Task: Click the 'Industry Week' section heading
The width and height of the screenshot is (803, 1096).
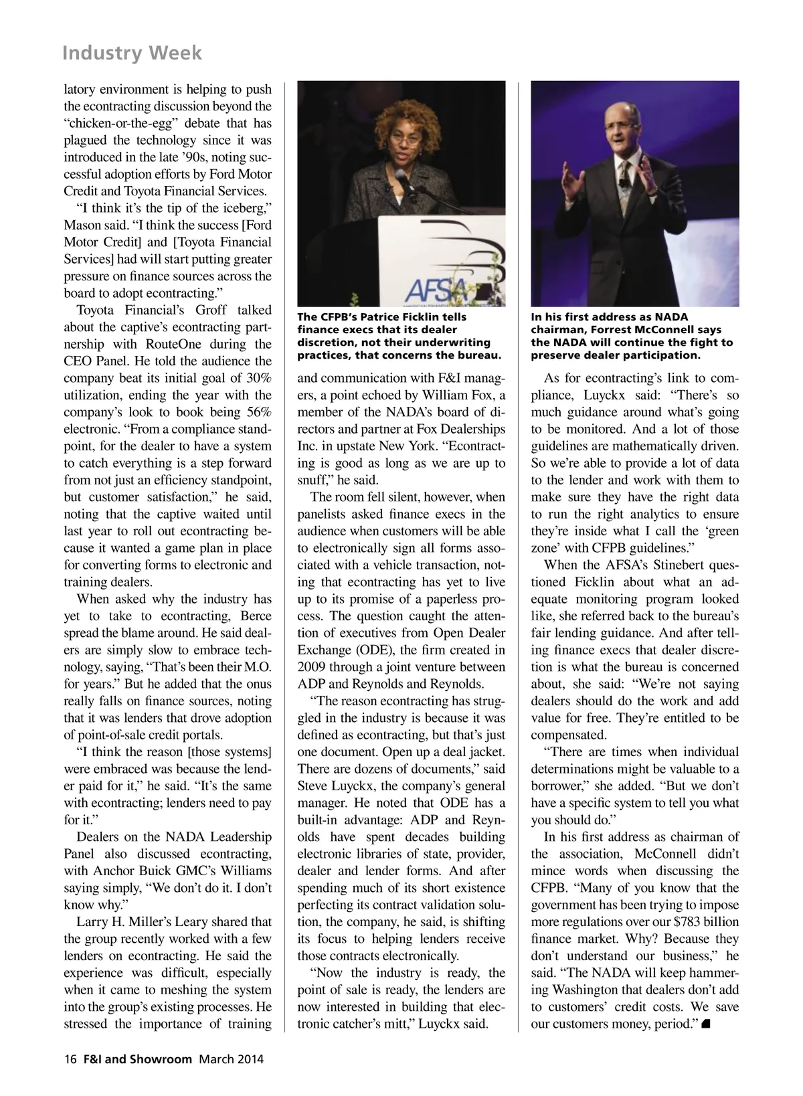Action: click(131, 52)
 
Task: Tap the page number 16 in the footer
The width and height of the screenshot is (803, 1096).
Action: click(70, 1059)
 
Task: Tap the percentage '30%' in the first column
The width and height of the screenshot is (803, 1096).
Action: click(257, 378)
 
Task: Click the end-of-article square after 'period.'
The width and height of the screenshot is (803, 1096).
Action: click(706, 1024)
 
